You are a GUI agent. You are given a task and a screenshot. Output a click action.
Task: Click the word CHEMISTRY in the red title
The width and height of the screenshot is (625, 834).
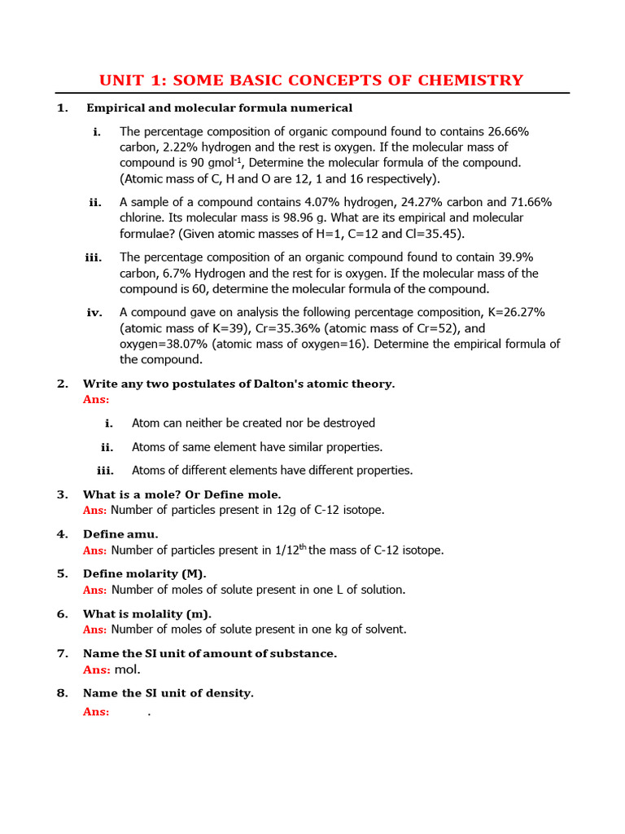(471, 80)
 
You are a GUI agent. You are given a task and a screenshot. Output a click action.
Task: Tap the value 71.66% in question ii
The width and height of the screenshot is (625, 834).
(528, 202)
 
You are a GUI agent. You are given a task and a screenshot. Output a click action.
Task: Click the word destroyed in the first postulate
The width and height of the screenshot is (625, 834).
(349, 423)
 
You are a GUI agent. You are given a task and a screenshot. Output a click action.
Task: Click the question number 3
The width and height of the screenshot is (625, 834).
(63, 494)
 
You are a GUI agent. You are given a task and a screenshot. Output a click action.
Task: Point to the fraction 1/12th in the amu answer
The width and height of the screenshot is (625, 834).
(290, 550)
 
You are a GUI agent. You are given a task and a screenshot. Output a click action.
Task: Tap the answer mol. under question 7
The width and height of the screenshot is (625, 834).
(128, 669)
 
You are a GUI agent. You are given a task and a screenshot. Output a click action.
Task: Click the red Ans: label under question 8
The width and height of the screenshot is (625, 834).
(96, 711)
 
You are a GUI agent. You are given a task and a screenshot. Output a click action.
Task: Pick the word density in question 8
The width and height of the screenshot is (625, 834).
(231, 693)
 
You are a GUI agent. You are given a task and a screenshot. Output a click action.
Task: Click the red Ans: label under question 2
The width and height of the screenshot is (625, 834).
(96, 399)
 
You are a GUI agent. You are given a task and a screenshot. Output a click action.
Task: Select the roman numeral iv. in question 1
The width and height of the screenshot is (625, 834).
(94, 313)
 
